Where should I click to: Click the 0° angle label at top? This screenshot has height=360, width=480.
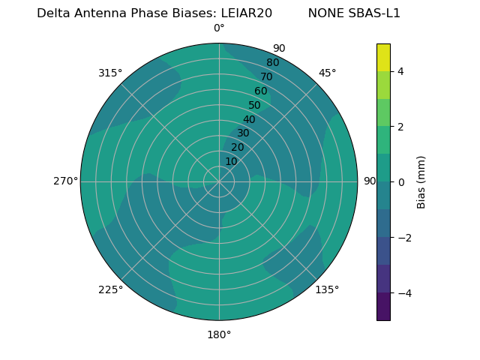tap(219, 28)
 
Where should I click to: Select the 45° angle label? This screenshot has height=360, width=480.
tap(327, 73)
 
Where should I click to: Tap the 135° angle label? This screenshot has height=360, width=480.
tap(327, 289)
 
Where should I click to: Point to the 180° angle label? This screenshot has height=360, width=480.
tap(219, 334)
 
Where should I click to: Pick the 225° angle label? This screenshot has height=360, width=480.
tap(110, 289)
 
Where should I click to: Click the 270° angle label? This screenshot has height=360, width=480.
tap(65, 181)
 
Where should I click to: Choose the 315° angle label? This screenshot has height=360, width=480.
tap(110, 73)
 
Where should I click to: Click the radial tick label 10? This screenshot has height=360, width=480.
tap(231, 161)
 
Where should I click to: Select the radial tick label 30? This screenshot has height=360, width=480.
tap(243, 133)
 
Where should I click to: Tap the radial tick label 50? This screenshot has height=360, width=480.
tap(255, 106)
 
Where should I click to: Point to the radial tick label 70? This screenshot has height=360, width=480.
tap(266, 76)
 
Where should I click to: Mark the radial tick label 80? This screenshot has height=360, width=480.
tap(272, 63)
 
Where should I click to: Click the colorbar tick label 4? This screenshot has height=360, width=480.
tap(401, 71)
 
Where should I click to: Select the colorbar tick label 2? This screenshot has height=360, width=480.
tap(401, 127)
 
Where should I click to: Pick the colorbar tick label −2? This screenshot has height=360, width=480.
tap(404, 238)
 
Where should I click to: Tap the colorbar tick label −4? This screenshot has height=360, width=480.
tap(404, 293)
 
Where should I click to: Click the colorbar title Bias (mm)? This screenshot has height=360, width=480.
tap(421, 182)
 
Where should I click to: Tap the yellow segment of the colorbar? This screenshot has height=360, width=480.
tap(383, 57)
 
